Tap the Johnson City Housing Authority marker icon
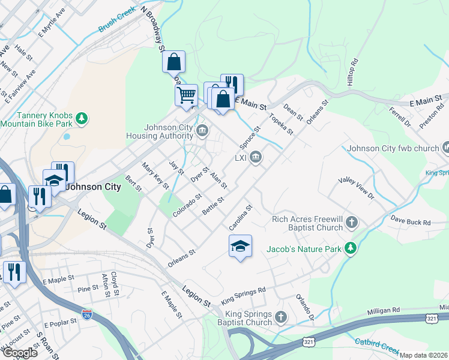click(202, 130)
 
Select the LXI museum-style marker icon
click(256, 158)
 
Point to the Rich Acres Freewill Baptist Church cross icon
click(352, 224)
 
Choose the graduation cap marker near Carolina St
click(240, 246)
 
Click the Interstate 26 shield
click(87, 314)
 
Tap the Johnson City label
click(93, 187)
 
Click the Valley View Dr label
click(356, 188)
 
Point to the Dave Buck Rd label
click(411, 223)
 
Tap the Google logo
click(20, 353)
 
